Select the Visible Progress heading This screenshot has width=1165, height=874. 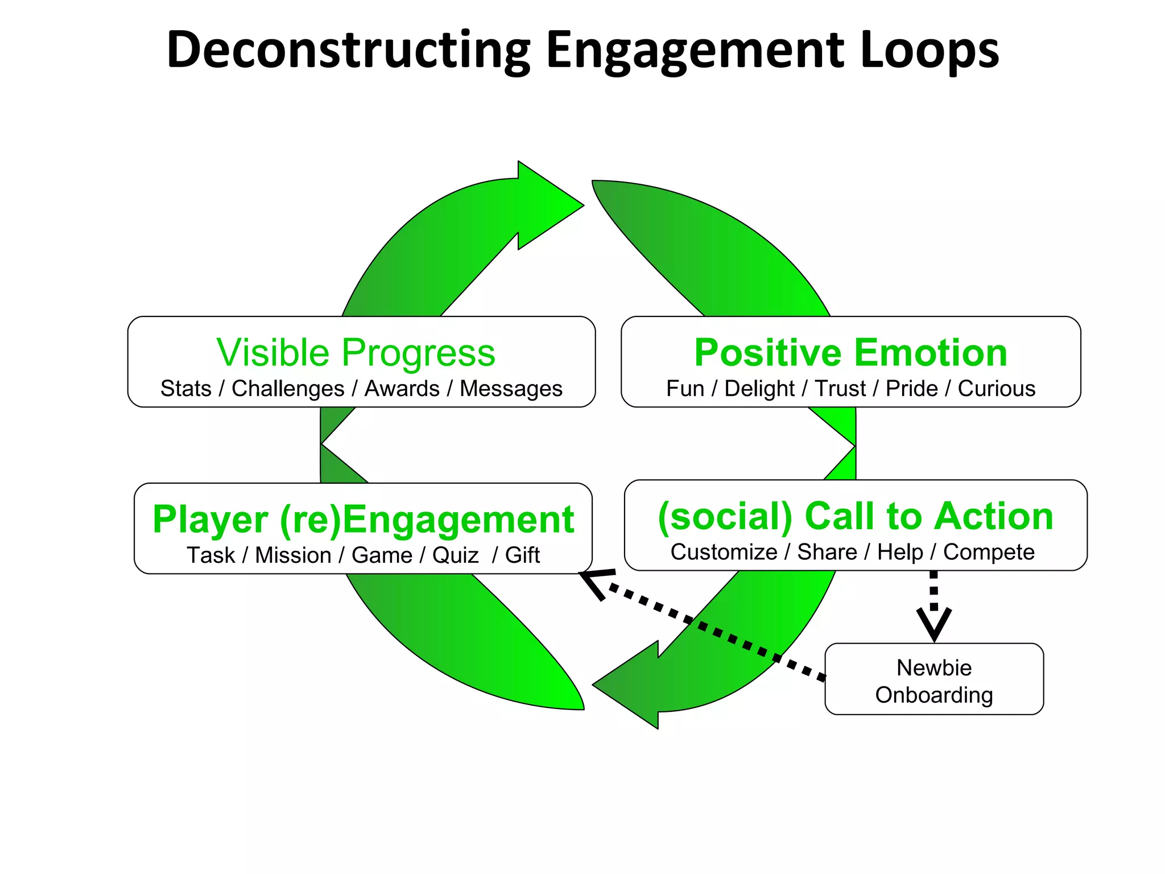point(356,353)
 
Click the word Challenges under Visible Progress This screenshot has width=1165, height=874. point(288,389)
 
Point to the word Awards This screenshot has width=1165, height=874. point(402,389)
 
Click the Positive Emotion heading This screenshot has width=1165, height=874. point(850,353)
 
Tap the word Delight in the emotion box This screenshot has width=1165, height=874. point(759,389)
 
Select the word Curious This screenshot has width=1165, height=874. point(996,389)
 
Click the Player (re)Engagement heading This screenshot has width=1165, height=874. point(363,520)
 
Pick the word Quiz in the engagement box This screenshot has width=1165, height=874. point(455,555)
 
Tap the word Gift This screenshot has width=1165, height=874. point(522,555)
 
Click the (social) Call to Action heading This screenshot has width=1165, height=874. point(855,516)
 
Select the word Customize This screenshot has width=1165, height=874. point(724,552)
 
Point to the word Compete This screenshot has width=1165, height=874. point(989,552)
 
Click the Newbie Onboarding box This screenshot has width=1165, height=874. point(934,679)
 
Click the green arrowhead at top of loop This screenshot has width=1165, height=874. point(546,205)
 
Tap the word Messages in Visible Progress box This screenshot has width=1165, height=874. point(511,389)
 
